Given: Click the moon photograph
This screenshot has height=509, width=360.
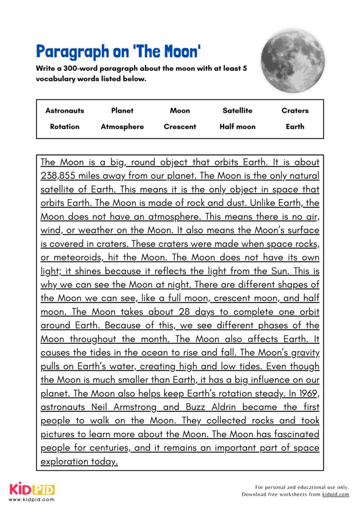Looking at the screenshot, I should click(x=293, y=58).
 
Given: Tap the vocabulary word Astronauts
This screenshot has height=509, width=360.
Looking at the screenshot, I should click(x=65, y=111).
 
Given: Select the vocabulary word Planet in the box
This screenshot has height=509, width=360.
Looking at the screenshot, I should click(x=122, y=111).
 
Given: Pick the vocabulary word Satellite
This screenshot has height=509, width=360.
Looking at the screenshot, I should click(x=237, y=111).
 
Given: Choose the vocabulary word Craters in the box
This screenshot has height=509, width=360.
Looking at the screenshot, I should click(x=295, y=111).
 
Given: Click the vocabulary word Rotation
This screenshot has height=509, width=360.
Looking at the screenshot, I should click(x=65, y=126).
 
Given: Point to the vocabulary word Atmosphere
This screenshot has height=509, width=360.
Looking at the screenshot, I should click(x=122, y=126).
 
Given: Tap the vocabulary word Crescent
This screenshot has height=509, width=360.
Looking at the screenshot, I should click(x=180, y=126).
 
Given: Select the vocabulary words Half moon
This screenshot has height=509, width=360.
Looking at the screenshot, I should click(x=237, y=126).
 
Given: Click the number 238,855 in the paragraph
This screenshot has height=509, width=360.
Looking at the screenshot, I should click(x=59, y=176).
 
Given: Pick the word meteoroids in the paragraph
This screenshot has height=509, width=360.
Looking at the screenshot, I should click(x=77, y=257).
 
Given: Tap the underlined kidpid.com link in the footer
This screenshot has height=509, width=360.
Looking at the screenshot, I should click(x=335, y=494).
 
